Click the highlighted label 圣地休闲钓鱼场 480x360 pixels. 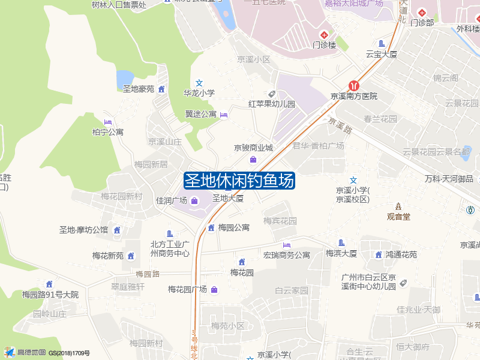click(x=239, y=181)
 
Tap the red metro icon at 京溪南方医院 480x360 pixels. click(x=355, y=86)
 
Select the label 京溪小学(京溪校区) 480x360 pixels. click(x=353, y=195)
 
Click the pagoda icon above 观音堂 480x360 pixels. click(x=398, y=206)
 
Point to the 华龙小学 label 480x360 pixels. click(x=199, y=93)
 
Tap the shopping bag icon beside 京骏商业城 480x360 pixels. click(x=253, y=160)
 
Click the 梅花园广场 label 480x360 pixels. click(x=187, y=290)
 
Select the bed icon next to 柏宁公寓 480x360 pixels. click(x=108, y=122)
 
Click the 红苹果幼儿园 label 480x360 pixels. click(x=272, y=104)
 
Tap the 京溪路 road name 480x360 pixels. click(x=339, y=126)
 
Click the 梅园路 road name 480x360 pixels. click(x=147, y=274)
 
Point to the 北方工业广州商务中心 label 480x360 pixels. click(x=170, y=248)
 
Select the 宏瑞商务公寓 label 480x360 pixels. click(x=287, y=255)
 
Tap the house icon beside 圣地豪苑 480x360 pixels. click(x=161, y=89)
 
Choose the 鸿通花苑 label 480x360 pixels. click(x=401, y=255)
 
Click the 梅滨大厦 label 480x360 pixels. click(x=341, y=254)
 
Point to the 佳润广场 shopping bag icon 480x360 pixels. click(x=194, y=200)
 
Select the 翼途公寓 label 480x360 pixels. click(x=201, y=114)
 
